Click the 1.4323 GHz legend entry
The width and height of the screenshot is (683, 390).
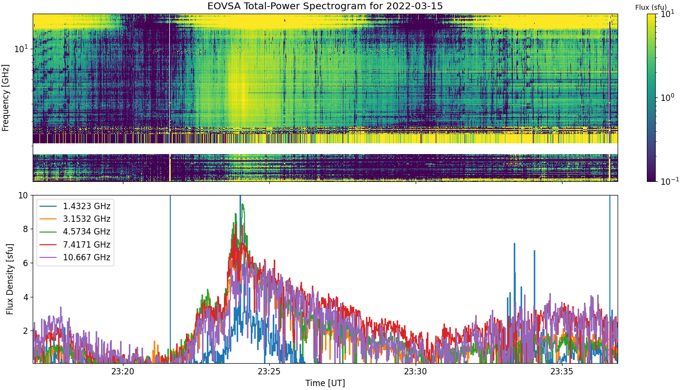pyautogui.click(x=75, y=206)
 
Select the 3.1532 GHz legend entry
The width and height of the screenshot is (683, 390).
pyautogui.click(x=75, y=219)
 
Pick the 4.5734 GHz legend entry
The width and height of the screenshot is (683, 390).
pyautogui.click(x=75, y=232)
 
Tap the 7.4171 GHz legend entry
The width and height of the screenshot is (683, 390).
pyautogui.click(x=75, y=245)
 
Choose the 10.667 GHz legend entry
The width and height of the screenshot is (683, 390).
pyautogui.click(x=75, y=257)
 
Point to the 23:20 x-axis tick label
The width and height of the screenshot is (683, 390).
pyautogui.click(x=123, y=371)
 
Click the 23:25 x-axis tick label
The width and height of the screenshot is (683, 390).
pyautogui.click(x=269, y=371)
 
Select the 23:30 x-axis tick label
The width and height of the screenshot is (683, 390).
pyautogui.click(x=416, y=371)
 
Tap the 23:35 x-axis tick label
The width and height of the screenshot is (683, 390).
pyautogui.click(x=562, y=371)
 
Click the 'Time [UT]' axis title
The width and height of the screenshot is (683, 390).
pyautogui.click(x=325, y=383)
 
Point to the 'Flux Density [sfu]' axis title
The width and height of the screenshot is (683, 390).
pyautogui.click(x=10, y=279)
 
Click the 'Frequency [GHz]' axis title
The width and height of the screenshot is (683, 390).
pyautogui.click(x=5, y=98)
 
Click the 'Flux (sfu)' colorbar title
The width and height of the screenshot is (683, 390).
pyautogui.click(x=651, y=7)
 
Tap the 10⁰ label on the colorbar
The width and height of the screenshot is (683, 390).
pyautogui.click(x=667, y=97)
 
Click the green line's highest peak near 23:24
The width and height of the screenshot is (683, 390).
pyautogui.click(x=243, y=204)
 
